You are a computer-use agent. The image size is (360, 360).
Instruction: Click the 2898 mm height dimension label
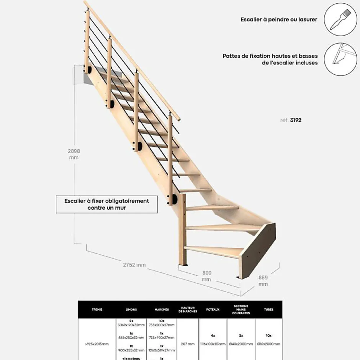pos(74,154)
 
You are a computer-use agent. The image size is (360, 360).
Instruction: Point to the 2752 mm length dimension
pos(134,265)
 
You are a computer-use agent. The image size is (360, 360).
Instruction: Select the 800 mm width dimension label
pos(206,276)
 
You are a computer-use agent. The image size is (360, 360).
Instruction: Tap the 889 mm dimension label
pos(263,281)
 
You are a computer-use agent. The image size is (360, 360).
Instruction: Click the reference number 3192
pos(295,120)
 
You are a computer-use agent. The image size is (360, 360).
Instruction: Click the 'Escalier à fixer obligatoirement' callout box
pos(107,204)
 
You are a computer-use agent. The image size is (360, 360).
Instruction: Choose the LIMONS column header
pos(131,309)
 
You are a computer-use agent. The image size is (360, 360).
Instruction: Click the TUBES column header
pos(268,309)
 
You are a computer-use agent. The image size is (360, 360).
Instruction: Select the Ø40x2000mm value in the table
pos(241,344)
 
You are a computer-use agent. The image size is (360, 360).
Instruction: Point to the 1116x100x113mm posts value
pos(213,344)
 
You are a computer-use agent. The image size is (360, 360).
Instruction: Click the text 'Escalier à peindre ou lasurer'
pos(279,20)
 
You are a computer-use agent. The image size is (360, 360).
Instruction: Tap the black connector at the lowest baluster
pos(174,199)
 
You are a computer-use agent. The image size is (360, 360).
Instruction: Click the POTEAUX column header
pos(213,309)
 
